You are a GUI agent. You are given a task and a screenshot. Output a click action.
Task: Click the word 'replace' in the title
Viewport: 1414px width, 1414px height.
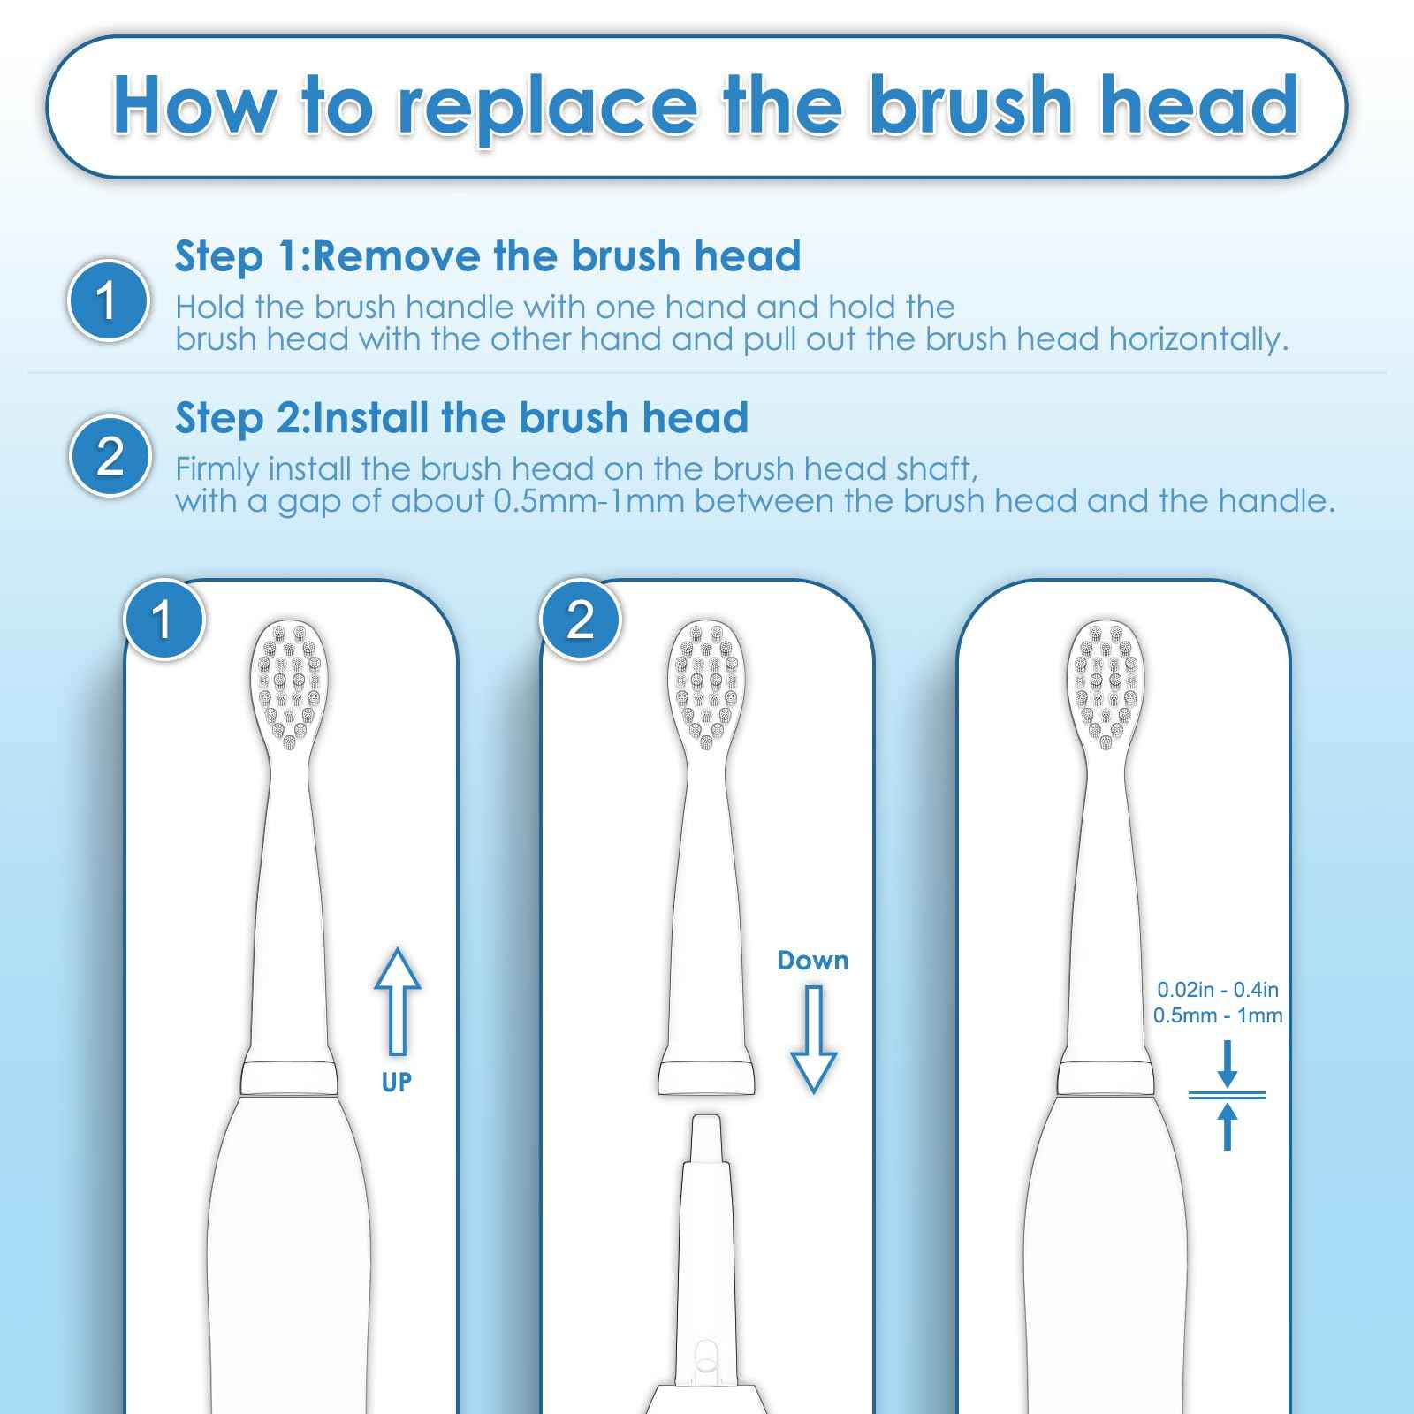click(545, 106)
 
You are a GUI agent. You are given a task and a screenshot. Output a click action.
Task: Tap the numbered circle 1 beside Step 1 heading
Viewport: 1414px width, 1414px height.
click(108, 300)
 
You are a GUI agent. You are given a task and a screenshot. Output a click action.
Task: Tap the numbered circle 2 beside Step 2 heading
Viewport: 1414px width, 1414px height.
click(110, 457)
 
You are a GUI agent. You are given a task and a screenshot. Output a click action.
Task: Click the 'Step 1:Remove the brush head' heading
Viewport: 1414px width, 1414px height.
click(488, 256)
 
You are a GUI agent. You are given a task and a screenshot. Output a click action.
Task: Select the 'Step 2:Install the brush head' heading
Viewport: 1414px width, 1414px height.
click(461, 417)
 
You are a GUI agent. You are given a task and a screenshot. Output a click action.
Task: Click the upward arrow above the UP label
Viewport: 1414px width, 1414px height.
click(397, 999)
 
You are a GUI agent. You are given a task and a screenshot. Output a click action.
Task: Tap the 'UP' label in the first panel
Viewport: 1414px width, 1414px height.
click(397, 1082)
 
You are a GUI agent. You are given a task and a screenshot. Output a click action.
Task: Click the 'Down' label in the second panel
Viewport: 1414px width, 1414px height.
click(812, 961)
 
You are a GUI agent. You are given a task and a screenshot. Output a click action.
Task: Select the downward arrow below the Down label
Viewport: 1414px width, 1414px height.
click(812, 1038)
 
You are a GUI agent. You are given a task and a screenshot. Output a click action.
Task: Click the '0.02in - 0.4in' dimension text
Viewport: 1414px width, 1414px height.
click(1217, 991)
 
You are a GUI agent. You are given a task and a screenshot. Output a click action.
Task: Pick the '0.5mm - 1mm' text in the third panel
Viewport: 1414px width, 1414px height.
click(1217, 1016)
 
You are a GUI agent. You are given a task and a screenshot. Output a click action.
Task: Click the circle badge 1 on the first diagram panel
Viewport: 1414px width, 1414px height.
click(163, 620)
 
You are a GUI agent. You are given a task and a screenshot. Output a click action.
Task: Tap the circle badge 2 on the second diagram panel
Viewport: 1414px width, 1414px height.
click(580, 620)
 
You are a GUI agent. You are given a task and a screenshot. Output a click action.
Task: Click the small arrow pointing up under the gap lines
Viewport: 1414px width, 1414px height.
click(1227, 1127)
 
